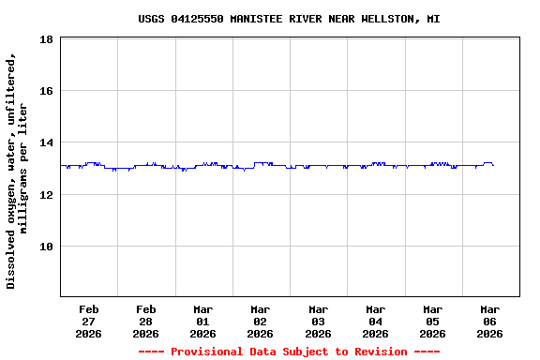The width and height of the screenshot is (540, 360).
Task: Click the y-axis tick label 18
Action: pyautogui.click(x=46, y=39)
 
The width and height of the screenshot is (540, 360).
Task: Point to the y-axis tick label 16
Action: pyautogui.click(x=46, y=91)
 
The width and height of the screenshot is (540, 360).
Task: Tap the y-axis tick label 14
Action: pyautogui.click(x=46, y=142)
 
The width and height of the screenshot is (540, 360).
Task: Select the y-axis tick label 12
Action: pyautogui.click(x=46, y=194)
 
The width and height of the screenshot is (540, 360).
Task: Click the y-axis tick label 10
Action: pyautogui.click(x=46, y=247)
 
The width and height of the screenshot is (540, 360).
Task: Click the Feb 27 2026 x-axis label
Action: pyautogui.click(x=88, y=321)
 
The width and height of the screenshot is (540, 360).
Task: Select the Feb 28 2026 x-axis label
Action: pyautogui.click(x=145, y=321)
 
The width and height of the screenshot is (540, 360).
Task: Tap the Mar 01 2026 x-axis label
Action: pyautogui.click(x=202, y=321)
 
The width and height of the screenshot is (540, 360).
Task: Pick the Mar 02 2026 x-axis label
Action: pyautogui.click(x=260, y=321)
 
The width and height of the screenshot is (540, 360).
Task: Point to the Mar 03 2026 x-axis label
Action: pyautogui.click(x=318, y=321)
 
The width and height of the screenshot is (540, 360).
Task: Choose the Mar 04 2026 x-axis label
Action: pyautogui.click(x=375, y=321)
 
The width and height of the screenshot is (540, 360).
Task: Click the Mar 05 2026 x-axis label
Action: pyautogui.click(x=432, y=321)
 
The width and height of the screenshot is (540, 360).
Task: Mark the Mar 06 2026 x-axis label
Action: pyautogui.click(x=489, y=321)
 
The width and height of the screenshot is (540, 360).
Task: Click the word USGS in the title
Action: pyautogui.click(x=151, y=19)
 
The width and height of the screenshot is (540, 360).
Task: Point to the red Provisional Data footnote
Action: pyautogui.click(x=289, y=352)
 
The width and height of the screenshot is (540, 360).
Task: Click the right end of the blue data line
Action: pyautogui.click(x=493, y=165)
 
